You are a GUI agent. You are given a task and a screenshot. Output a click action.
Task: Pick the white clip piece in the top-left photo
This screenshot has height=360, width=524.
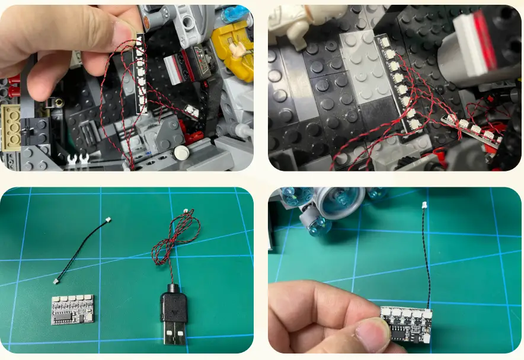[x=78, y=159]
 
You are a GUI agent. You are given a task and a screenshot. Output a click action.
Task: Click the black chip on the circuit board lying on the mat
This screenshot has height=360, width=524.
[x=62, y=319]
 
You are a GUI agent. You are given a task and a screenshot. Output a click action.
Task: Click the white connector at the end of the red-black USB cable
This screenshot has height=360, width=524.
[x=186, y=212]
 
